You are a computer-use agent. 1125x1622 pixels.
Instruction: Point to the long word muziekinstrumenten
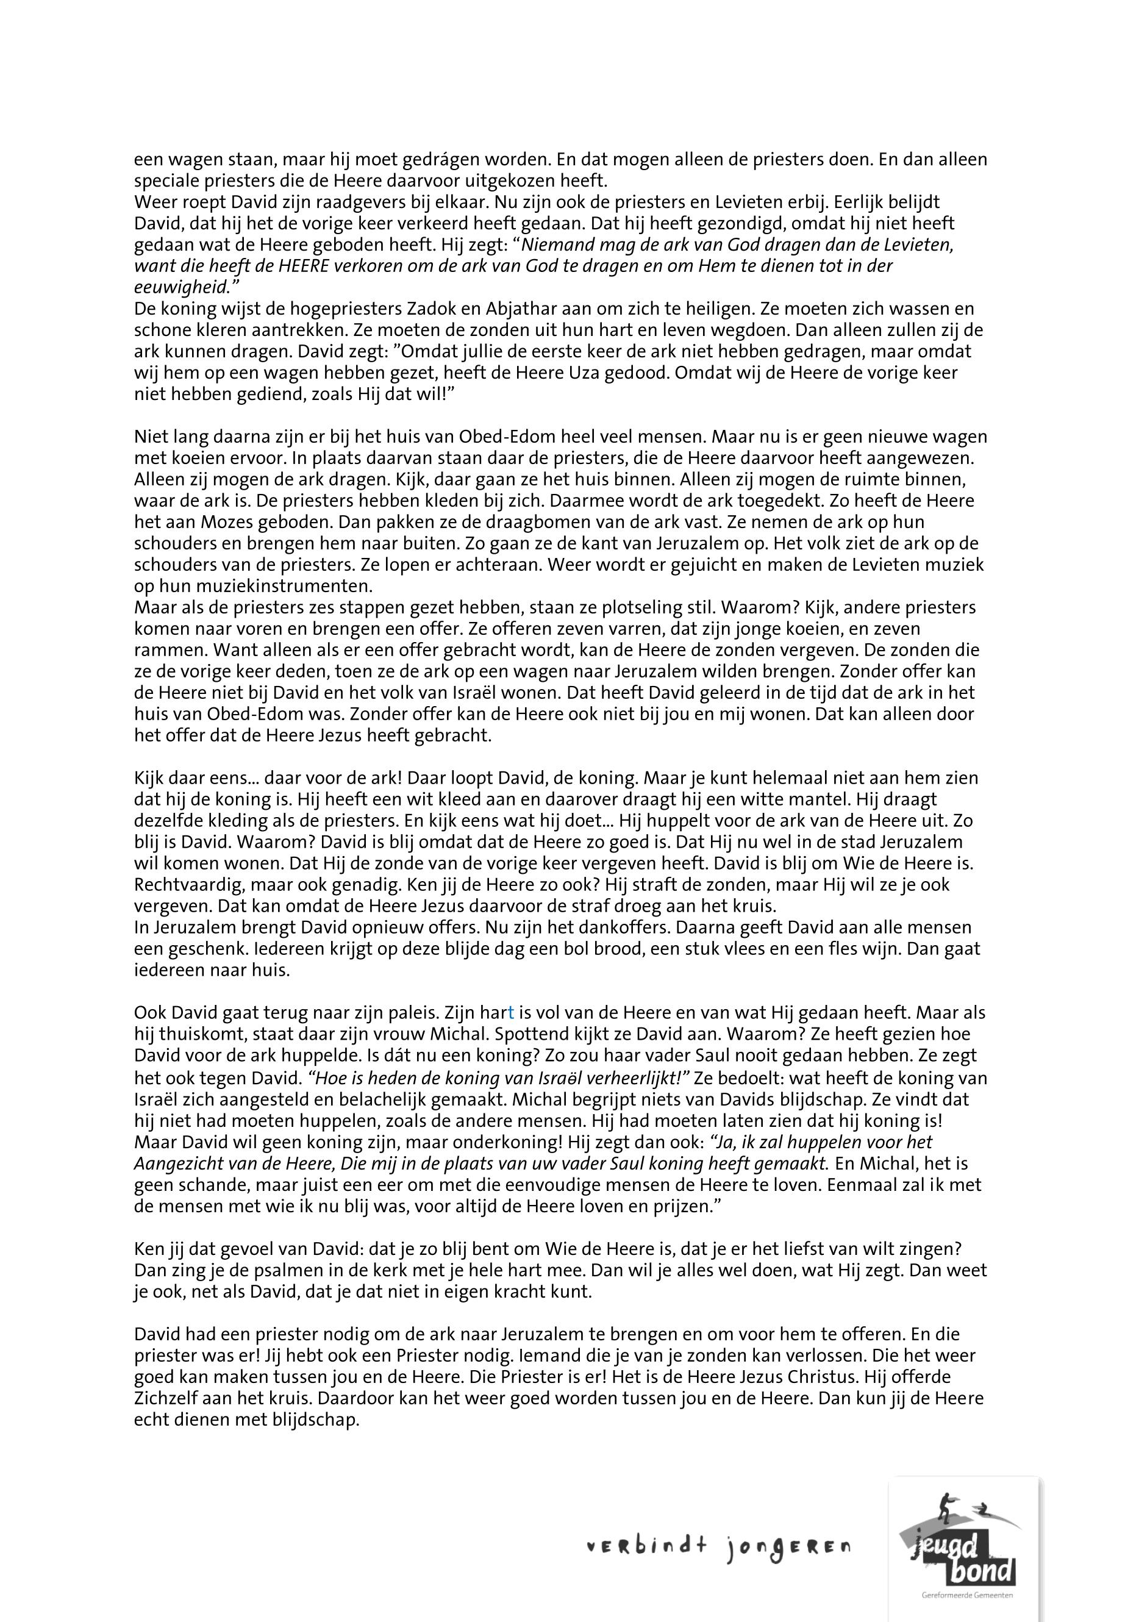[262, 586]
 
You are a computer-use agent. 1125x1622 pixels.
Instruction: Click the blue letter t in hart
[510, 1013]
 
